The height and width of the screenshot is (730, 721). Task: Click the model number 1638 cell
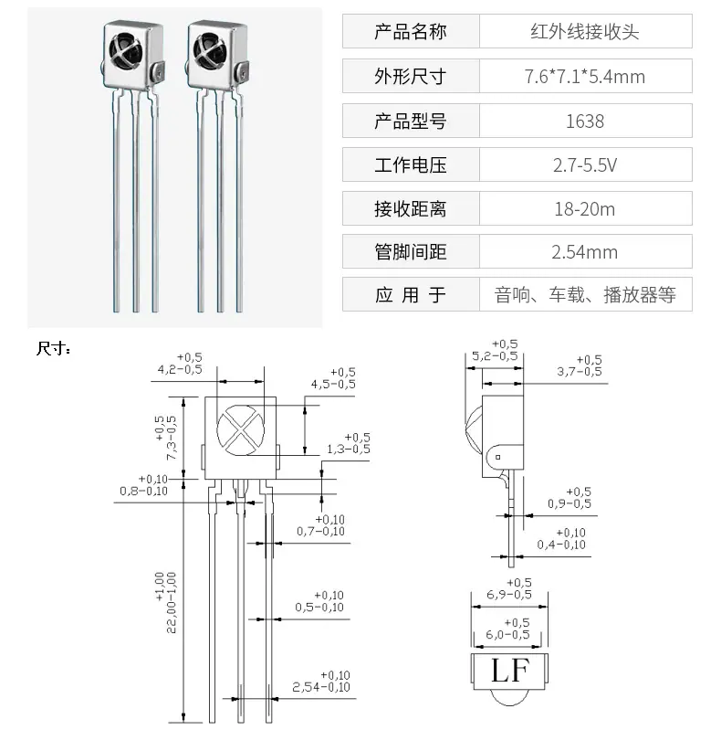(x=585, y=121)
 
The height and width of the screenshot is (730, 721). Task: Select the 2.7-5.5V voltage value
(x=585, y=164)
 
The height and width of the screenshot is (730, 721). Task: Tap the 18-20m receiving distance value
(x=585, y=209)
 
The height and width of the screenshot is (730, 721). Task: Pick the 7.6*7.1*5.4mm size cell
(x=585, y=77)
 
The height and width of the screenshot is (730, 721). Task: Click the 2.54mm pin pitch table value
(x=585, y=252)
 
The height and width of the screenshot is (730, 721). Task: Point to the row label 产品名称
(x=411, y=32)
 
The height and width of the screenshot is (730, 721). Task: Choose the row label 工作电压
(x=411, y=164)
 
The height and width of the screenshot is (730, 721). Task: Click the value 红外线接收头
(x=585, y=32)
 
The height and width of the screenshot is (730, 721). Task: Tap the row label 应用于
(x=411, y=295)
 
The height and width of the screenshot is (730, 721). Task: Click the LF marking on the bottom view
(x=510, y=671)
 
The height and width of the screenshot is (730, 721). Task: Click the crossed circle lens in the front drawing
(x=241, y=430)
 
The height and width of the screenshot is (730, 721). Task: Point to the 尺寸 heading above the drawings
(x=54, y=348)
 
